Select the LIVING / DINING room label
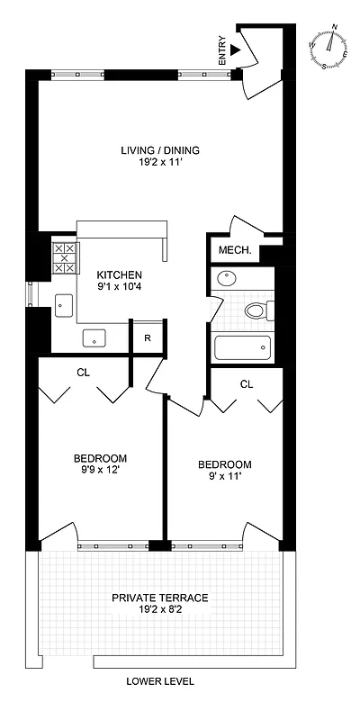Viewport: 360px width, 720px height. pyautogui.click(x=161, y=150)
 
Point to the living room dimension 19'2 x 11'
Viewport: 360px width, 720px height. pyautogui.click(x=161, y=164)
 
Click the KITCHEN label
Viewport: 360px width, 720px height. pyautogui.click(x=120, y=274)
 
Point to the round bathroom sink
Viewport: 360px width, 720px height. pyautogui.click(x=225, y=280)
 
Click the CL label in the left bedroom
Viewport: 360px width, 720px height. pyautogui.click(x=84, y=372)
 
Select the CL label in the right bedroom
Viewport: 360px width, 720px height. pyautogui.click(x=247, y=384)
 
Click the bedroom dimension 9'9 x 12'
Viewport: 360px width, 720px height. pyautogui.click(x=100, y=470)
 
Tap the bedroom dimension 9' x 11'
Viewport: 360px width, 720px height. pyautogui.click(x=225, y=478)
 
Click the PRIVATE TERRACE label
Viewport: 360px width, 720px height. pyautogui.click(x=160, y=598)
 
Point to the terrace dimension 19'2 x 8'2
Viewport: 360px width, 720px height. pyautogui.click(x=160, y=611)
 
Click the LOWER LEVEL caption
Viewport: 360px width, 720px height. pyautogui.click(x=161, y=681)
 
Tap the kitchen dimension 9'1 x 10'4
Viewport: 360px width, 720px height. pyautogui.click(x=120, y=288)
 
